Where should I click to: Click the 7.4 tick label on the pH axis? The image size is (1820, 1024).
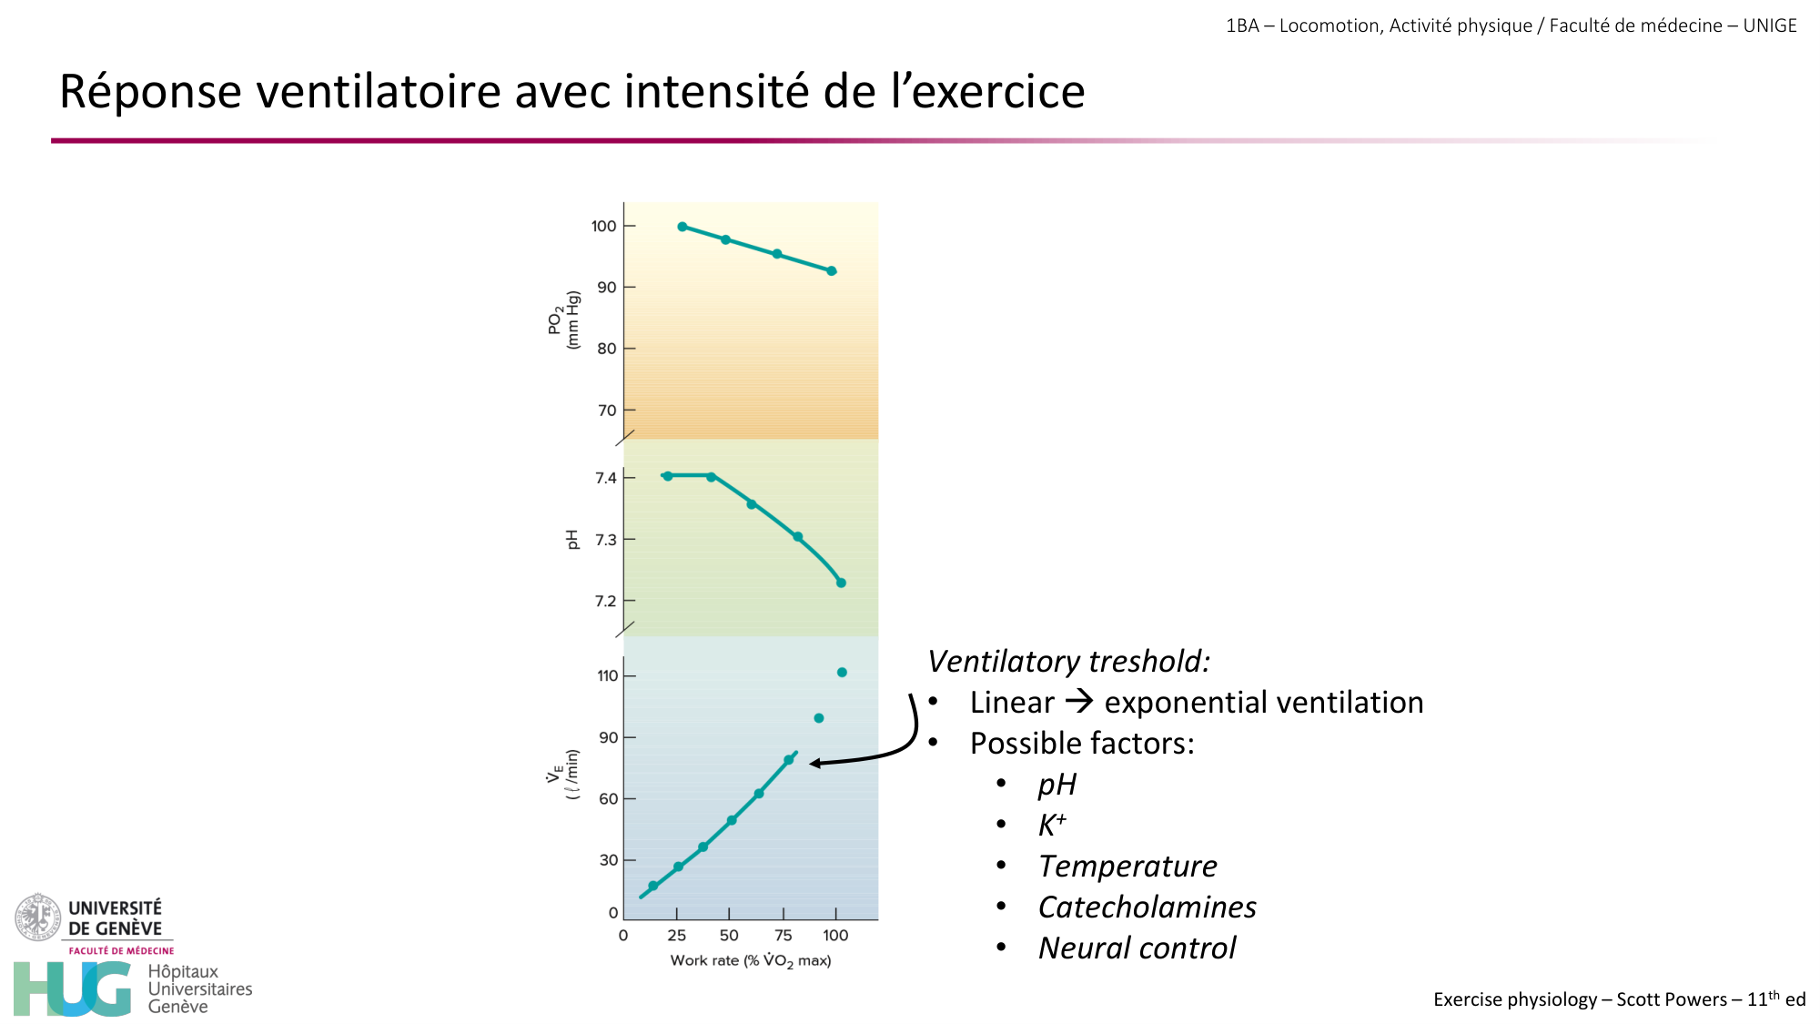605,478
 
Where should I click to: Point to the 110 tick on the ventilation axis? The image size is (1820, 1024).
608,675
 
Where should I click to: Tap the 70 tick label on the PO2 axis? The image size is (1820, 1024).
607,411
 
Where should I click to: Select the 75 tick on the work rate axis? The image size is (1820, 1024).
783,935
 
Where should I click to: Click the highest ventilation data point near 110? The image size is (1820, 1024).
842,673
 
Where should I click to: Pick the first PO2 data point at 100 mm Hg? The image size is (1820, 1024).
682,227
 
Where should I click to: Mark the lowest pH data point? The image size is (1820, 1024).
841,583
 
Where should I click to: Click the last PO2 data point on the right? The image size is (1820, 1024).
831,271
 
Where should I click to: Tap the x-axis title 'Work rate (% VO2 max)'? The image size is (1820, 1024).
751,960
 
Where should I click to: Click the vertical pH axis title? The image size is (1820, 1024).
572,539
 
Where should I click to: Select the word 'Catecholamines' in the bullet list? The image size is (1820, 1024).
1147,907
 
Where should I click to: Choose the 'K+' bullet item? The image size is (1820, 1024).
1052,825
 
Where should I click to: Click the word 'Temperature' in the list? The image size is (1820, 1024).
1127,866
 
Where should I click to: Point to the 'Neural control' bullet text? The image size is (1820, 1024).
1137,948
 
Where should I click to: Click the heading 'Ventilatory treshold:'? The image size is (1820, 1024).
1068,661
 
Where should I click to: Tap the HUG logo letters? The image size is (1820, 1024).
73,989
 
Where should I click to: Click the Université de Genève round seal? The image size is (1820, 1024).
37,917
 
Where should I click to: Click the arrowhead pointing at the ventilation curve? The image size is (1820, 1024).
814,763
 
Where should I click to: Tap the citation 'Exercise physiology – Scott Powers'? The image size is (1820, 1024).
1579,999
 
